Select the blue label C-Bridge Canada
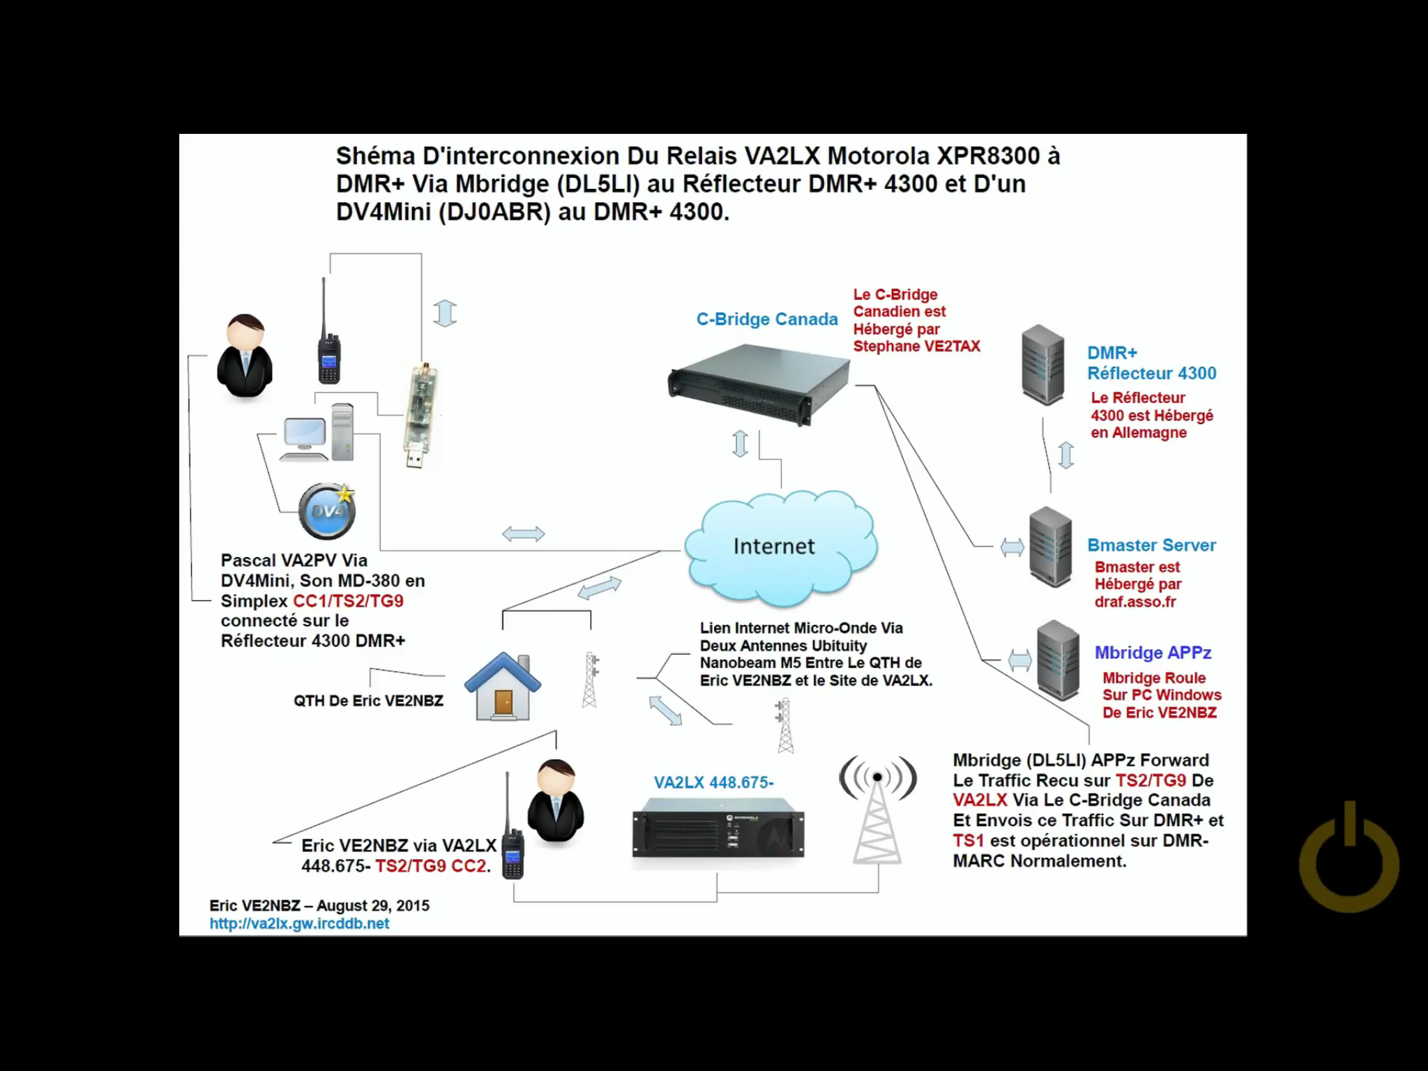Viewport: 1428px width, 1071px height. click(766, 319)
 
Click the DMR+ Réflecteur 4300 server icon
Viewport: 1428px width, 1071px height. click(1042, 364)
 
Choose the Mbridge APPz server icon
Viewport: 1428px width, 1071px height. click(1057, 660)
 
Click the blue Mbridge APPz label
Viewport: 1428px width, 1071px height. click(1152, 653)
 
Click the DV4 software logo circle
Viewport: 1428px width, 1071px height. click(326, 511)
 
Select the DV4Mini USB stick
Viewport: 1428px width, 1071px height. click(420, 414)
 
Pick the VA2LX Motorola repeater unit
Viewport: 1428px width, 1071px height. click(717, 833)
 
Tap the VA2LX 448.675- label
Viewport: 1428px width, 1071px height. click(713, 782)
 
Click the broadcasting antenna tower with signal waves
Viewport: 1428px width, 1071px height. click(877, 809)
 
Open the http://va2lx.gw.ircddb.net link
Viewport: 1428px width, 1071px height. click(299, 923)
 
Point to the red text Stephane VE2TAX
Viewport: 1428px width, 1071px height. click(916, 347)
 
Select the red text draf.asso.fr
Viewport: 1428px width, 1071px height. click(1134, 602)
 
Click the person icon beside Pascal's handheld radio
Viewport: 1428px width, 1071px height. click(245, 356)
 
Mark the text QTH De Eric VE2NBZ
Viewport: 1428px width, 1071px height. click(368, 701)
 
